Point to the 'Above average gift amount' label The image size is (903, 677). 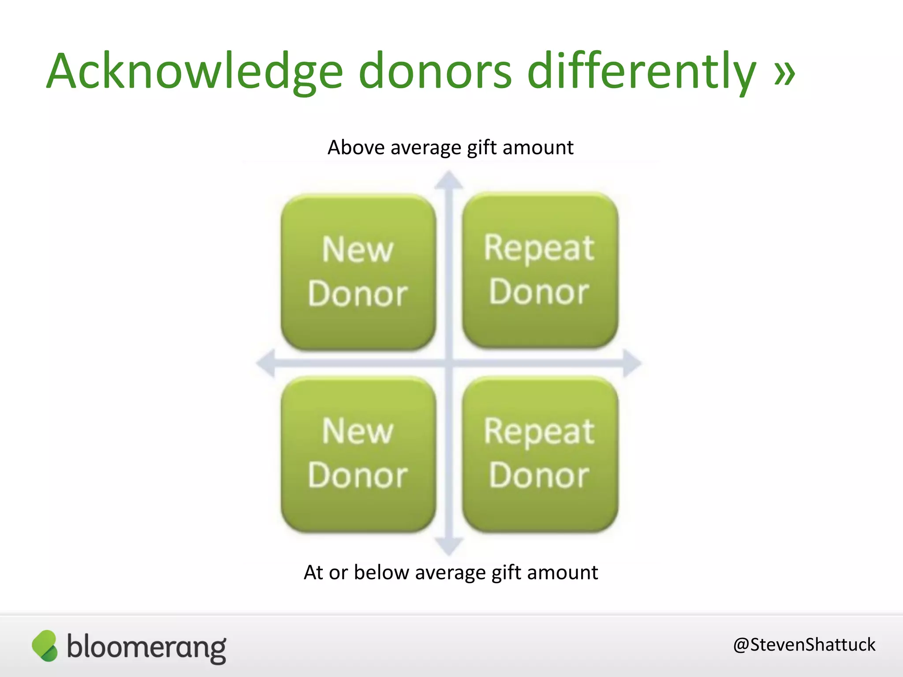450,147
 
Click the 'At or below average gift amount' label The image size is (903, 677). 451,573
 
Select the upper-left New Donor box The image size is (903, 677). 358,272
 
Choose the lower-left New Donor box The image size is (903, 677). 358,454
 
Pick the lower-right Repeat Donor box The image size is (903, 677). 540,454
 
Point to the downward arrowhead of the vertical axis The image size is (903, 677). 449,547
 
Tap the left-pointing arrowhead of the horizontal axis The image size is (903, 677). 266,363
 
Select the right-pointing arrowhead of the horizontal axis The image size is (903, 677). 632,363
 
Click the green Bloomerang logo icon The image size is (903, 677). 45,646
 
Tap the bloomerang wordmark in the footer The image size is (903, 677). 146,647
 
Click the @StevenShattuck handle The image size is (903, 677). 804,645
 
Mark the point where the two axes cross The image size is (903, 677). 449,363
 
